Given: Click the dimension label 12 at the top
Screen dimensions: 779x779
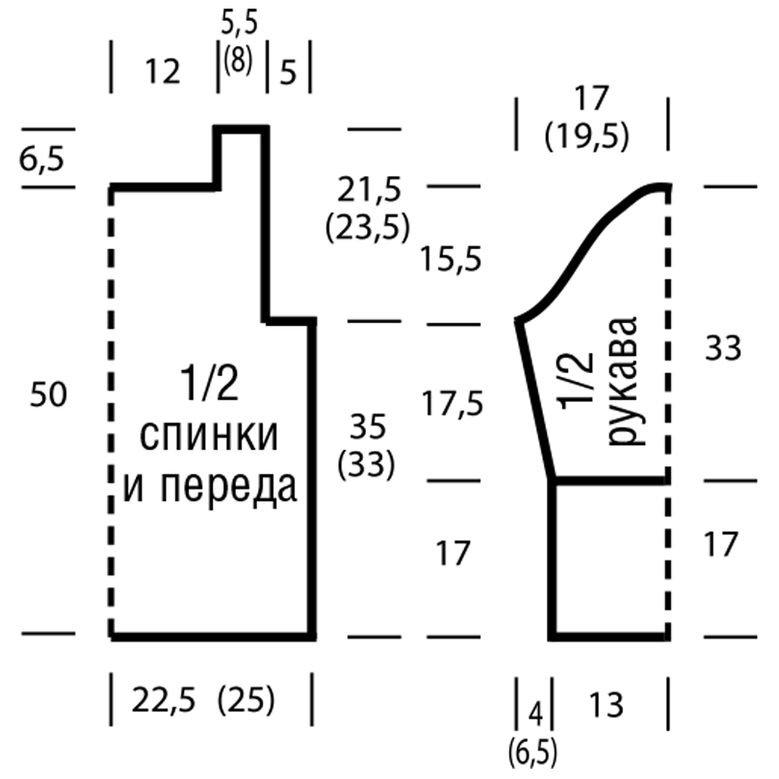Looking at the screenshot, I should (x=163, y=72).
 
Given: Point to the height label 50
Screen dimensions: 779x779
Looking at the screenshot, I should (x=48, y=395).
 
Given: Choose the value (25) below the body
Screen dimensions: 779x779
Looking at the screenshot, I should (x=246, y=703).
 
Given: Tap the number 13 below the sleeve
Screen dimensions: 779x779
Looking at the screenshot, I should (x=607, y=706).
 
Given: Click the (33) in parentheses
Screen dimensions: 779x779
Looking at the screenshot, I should (x=365, y=466).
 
